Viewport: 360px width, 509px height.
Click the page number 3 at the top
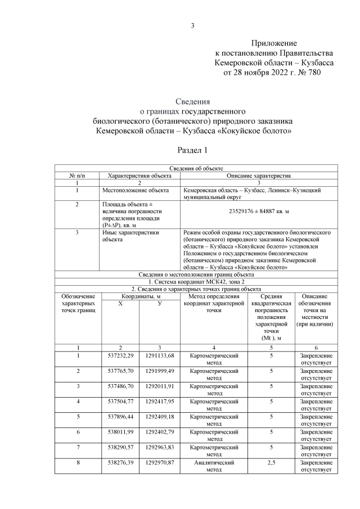192,25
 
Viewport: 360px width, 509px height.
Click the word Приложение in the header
273,43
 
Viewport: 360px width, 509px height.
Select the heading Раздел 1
192,150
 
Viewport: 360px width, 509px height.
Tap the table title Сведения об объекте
196,168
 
